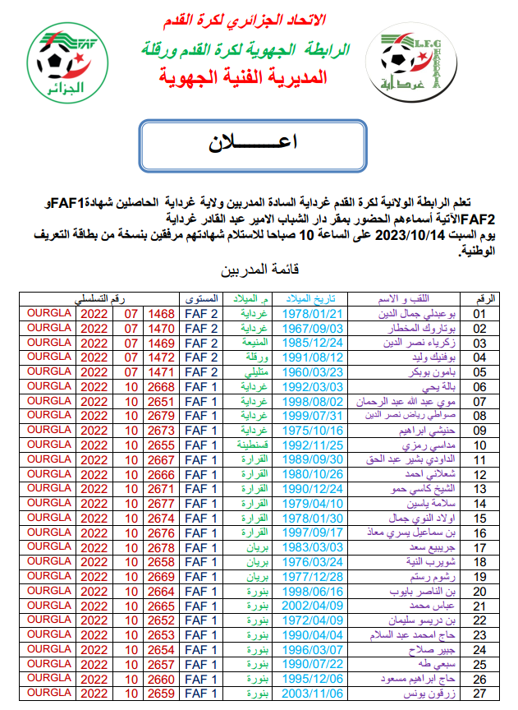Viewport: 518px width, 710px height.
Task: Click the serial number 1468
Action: [160, 313]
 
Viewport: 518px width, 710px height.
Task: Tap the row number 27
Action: [480, 694]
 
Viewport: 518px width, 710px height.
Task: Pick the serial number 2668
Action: [160, 386]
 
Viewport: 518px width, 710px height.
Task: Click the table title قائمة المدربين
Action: [259, 270]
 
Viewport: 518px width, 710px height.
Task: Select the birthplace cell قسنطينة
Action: [252, 445]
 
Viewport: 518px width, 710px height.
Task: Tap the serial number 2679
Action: [160, 415]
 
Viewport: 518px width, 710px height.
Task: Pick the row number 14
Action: [480, 503]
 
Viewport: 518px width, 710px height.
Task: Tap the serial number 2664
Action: [160, 591]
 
